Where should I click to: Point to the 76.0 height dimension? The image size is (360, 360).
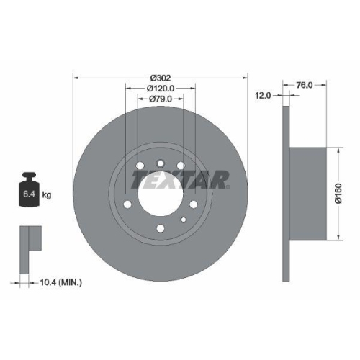(305, 84)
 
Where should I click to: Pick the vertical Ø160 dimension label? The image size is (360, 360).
(348, 194)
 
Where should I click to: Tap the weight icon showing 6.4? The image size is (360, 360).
(28, 193)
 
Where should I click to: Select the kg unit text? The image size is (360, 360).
(47, 194)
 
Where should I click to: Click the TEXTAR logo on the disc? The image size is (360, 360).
(182, 179)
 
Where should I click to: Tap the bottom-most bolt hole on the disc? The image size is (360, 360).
(161, 230)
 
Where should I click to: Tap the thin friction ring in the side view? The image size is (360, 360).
(286, 194)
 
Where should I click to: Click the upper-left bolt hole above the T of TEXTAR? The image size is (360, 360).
(138, 166)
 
